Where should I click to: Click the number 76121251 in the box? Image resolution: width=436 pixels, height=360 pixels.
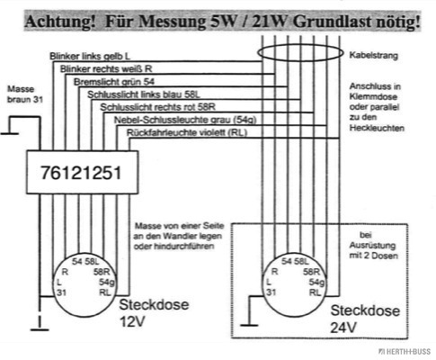pos(81,173)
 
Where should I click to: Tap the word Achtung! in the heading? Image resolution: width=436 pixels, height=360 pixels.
pos(60,22)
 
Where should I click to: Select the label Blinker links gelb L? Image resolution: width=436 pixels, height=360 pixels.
pos(90,56)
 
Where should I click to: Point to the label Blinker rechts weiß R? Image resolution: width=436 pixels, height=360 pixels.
pos(106,69)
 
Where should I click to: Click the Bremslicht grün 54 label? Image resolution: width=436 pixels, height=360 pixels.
pos(114,82)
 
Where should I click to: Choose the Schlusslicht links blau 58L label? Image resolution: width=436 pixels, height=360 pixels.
pos(144,94)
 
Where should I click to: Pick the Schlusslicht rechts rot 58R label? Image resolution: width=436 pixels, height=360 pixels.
pos(157,107)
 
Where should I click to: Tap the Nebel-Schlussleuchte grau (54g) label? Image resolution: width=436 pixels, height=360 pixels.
pos(185,120)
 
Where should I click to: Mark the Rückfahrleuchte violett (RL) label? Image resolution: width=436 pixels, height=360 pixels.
pos(187,132)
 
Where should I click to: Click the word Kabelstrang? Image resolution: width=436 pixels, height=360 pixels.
pos(374,56)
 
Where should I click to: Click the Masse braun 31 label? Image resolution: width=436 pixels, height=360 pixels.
pos(25,94)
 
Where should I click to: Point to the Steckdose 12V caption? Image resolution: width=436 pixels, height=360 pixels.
pos(154,313)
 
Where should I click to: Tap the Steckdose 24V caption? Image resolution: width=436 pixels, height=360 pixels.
pos(365,319)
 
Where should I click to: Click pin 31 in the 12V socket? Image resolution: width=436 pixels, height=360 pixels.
pos(61,292)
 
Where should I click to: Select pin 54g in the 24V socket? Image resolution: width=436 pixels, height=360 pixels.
pos(316,283)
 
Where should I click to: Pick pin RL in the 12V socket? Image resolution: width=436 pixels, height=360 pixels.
pos(105,292)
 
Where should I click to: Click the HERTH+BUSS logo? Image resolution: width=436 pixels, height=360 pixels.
pos(405,352)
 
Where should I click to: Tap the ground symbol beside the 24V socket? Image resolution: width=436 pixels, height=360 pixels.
pos(249,325)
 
